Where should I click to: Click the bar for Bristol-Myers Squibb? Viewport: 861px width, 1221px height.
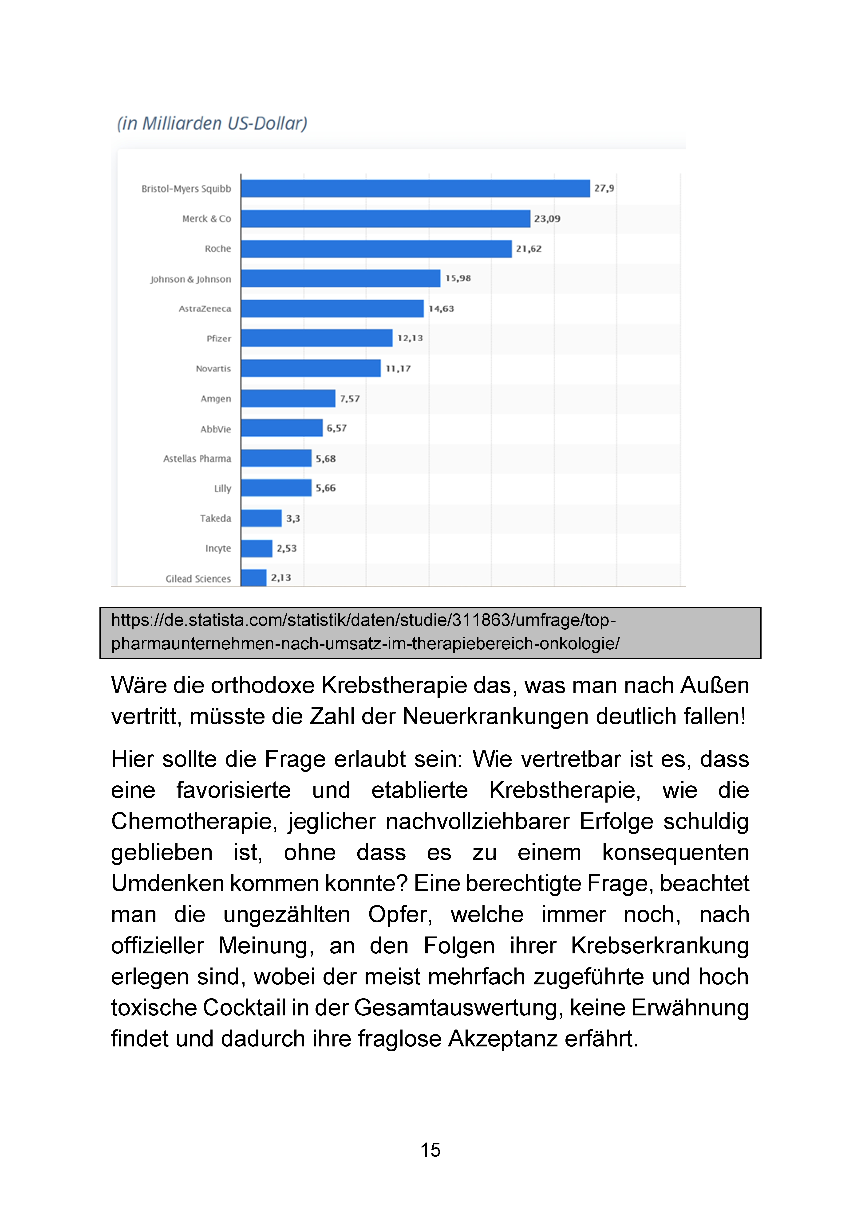[415, 188]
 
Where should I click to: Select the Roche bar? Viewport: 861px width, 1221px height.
[376, 248]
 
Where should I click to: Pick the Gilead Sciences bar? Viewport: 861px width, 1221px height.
[254, 577]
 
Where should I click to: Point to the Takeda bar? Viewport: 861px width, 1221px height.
[261, 518]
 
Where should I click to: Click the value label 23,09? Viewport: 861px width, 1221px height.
[547, 218]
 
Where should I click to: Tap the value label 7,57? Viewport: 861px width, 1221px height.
[350, 398]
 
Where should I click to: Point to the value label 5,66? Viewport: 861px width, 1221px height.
[326, 488]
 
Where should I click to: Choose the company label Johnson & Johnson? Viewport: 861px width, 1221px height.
[190, 279]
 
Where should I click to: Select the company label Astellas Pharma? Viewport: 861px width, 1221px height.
[197, 458]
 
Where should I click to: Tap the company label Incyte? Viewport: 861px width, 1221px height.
[218, 548]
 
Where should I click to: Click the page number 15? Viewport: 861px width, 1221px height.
[430, 1150]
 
